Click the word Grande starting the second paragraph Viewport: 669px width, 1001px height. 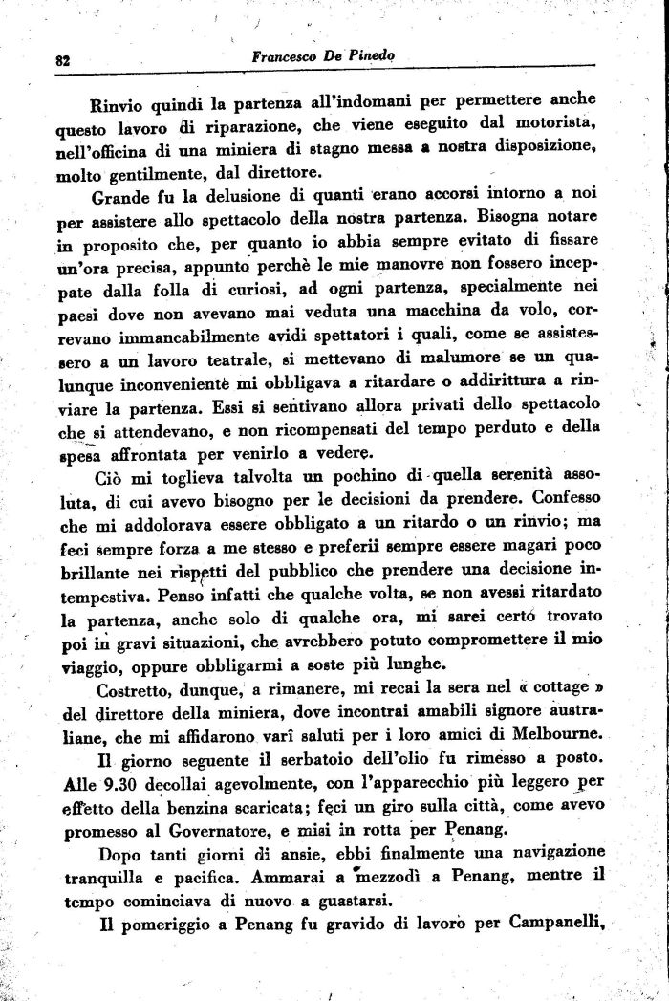[120, 200]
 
